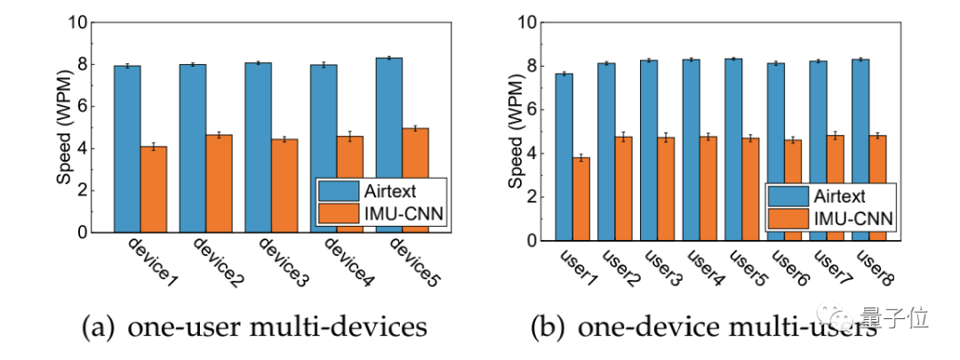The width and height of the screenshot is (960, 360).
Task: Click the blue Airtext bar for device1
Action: (127, 148)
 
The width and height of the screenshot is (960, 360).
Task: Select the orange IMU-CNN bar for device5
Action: (415, 180)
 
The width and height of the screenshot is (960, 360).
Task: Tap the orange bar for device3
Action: (284, 186)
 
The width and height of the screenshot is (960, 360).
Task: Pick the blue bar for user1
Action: (564, 156)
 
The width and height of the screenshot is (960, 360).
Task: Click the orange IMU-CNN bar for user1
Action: (581, 199)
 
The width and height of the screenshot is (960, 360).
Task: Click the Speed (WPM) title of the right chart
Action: (516, 131)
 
